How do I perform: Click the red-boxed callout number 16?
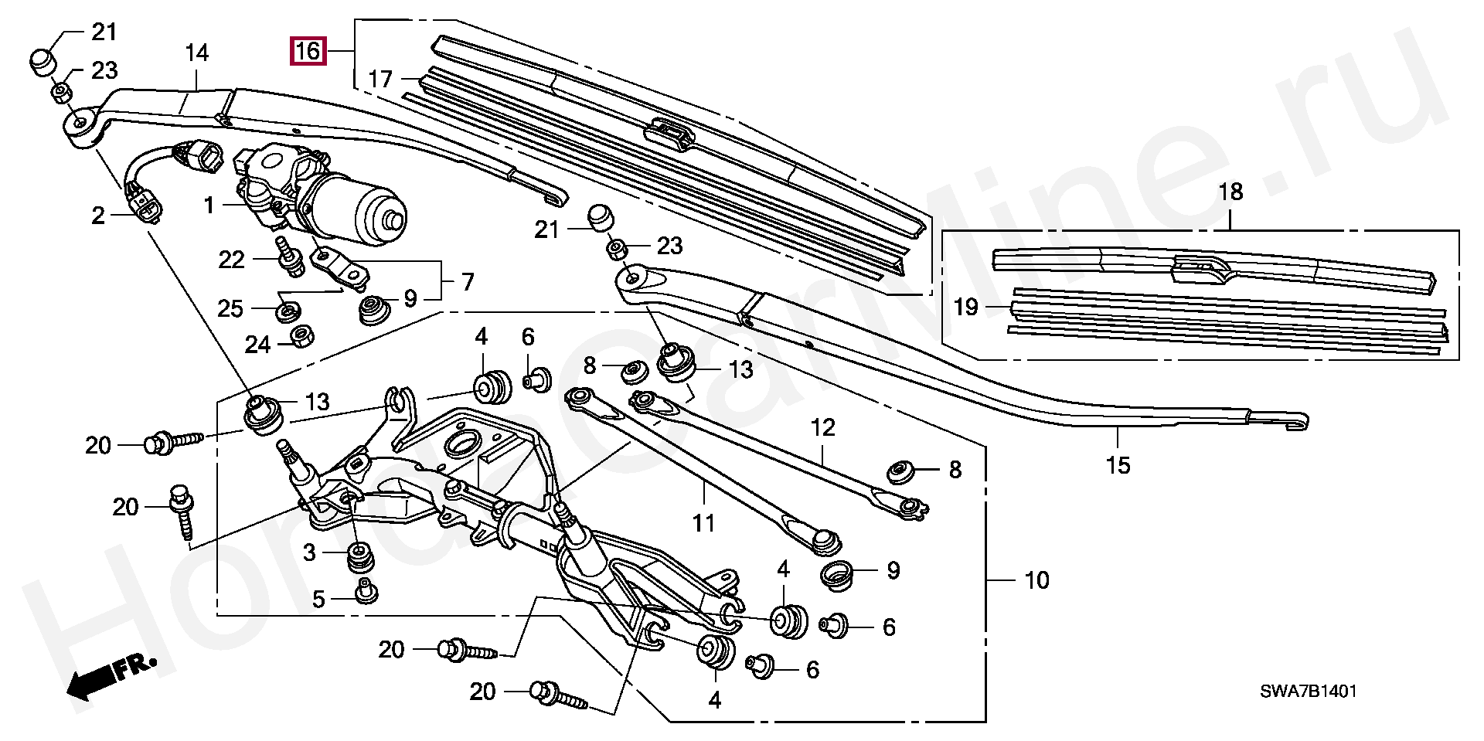[308, 52]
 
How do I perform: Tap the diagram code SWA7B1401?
[1308, 692]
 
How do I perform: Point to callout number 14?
[196, 53]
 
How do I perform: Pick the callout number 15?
[1118, 465]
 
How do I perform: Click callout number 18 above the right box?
[1230, 192]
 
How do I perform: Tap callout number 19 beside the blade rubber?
[965, 307]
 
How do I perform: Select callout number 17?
[380, 79]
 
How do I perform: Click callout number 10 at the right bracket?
[1036, 580]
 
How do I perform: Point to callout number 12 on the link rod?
[823, 427]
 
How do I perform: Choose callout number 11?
[703, 523]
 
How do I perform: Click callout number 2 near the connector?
[98, 216]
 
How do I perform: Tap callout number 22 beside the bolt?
[231, 260]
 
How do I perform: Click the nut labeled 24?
[301, 336]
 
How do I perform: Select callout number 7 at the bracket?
[468, 282]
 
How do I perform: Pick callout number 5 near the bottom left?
[318, 599]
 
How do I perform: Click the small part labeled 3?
[359, 557]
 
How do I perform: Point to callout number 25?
[230, 309]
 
